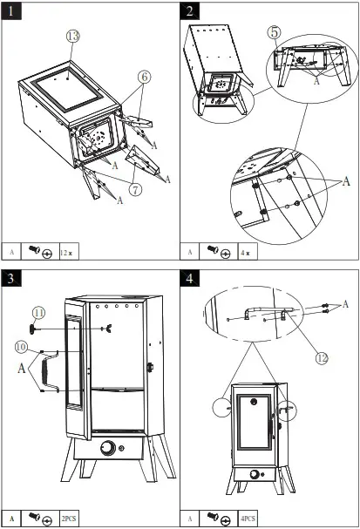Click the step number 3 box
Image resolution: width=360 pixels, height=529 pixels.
(x=11, y=279)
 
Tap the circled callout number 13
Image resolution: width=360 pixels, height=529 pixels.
(x=73, y=36)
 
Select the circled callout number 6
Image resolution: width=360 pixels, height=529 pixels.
(x=144, y=77)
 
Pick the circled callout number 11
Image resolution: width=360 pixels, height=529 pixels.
(x=38, y=312)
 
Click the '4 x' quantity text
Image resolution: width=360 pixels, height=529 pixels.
(x=248, y=253)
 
